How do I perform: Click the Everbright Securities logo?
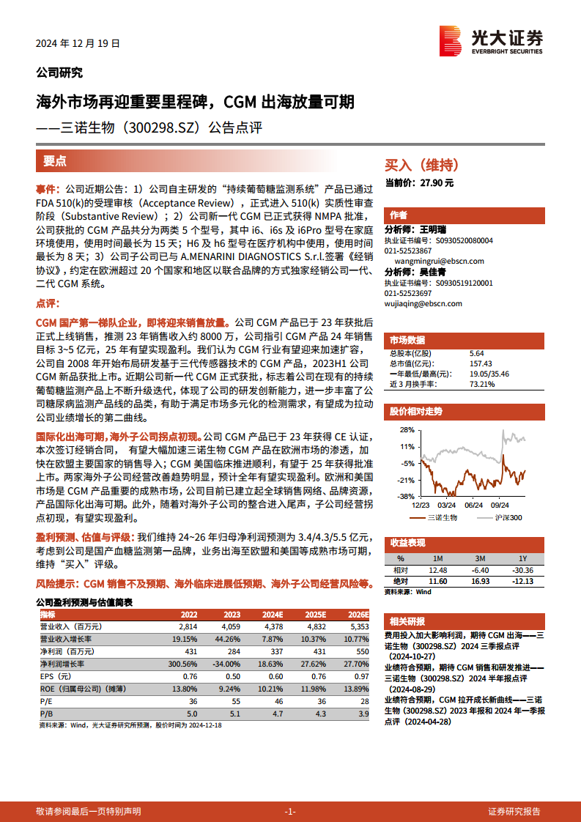491,42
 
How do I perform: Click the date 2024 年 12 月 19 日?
78,43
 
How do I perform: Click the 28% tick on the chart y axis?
407,429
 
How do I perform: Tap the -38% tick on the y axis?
407,496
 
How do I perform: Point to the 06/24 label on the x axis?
473,505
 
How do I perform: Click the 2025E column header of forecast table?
315,614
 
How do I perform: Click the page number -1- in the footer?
290,811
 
